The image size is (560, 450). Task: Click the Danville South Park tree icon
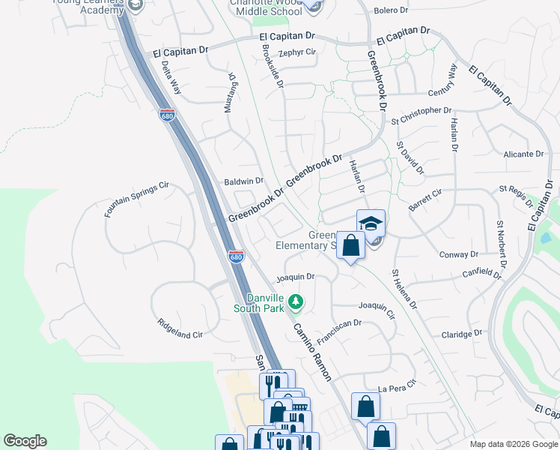coord(296,301)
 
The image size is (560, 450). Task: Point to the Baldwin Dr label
coord(244,181)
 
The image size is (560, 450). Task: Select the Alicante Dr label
coord(523,154)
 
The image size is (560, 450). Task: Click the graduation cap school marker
coord(370,224)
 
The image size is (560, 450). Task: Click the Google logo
coord(25,441)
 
